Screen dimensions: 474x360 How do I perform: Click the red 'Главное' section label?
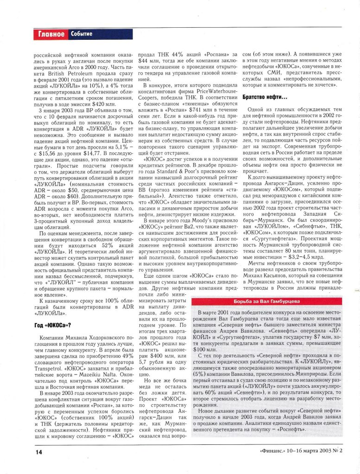(51, 34)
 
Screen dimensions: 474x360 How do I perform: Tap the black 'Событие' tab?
(82, 34)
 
